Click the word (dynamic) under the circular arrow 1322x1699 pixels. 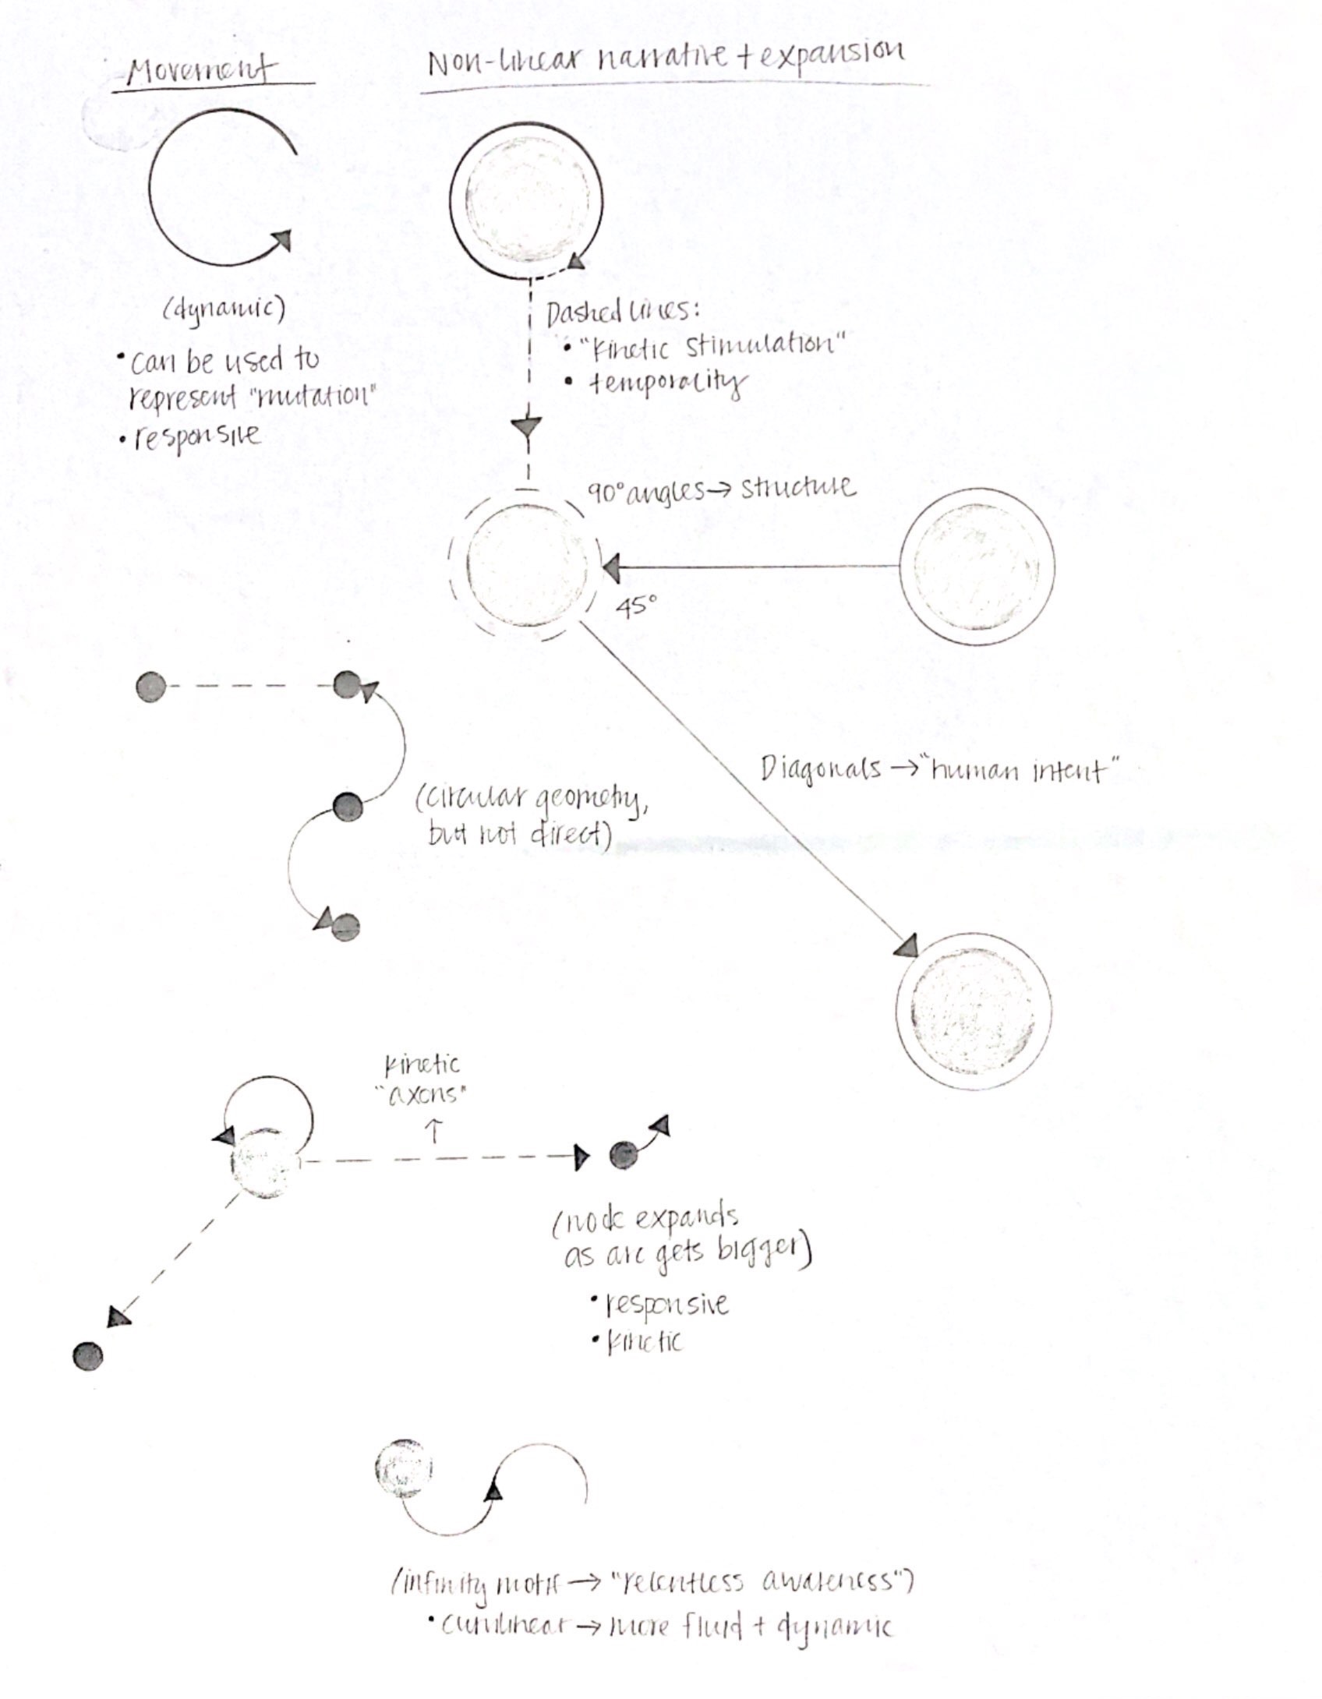pos(224,309)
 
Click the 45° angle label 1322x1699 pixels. pos(637,606)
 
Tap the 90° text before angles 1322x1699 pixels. pos(606,493)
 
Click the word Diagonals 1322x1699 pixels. pos(820,770)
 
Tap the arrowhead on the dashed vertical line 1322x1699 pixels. pos(528,427)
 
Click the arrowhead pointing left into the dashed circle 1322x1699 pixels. pos(612,568)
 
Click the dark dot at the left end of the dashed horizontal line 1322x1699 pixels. pos(150,687)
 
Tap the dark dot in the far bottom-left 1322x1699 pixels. pos(87,1356)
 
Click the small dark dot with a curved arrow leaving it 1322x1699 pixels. pos(623,1155)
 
